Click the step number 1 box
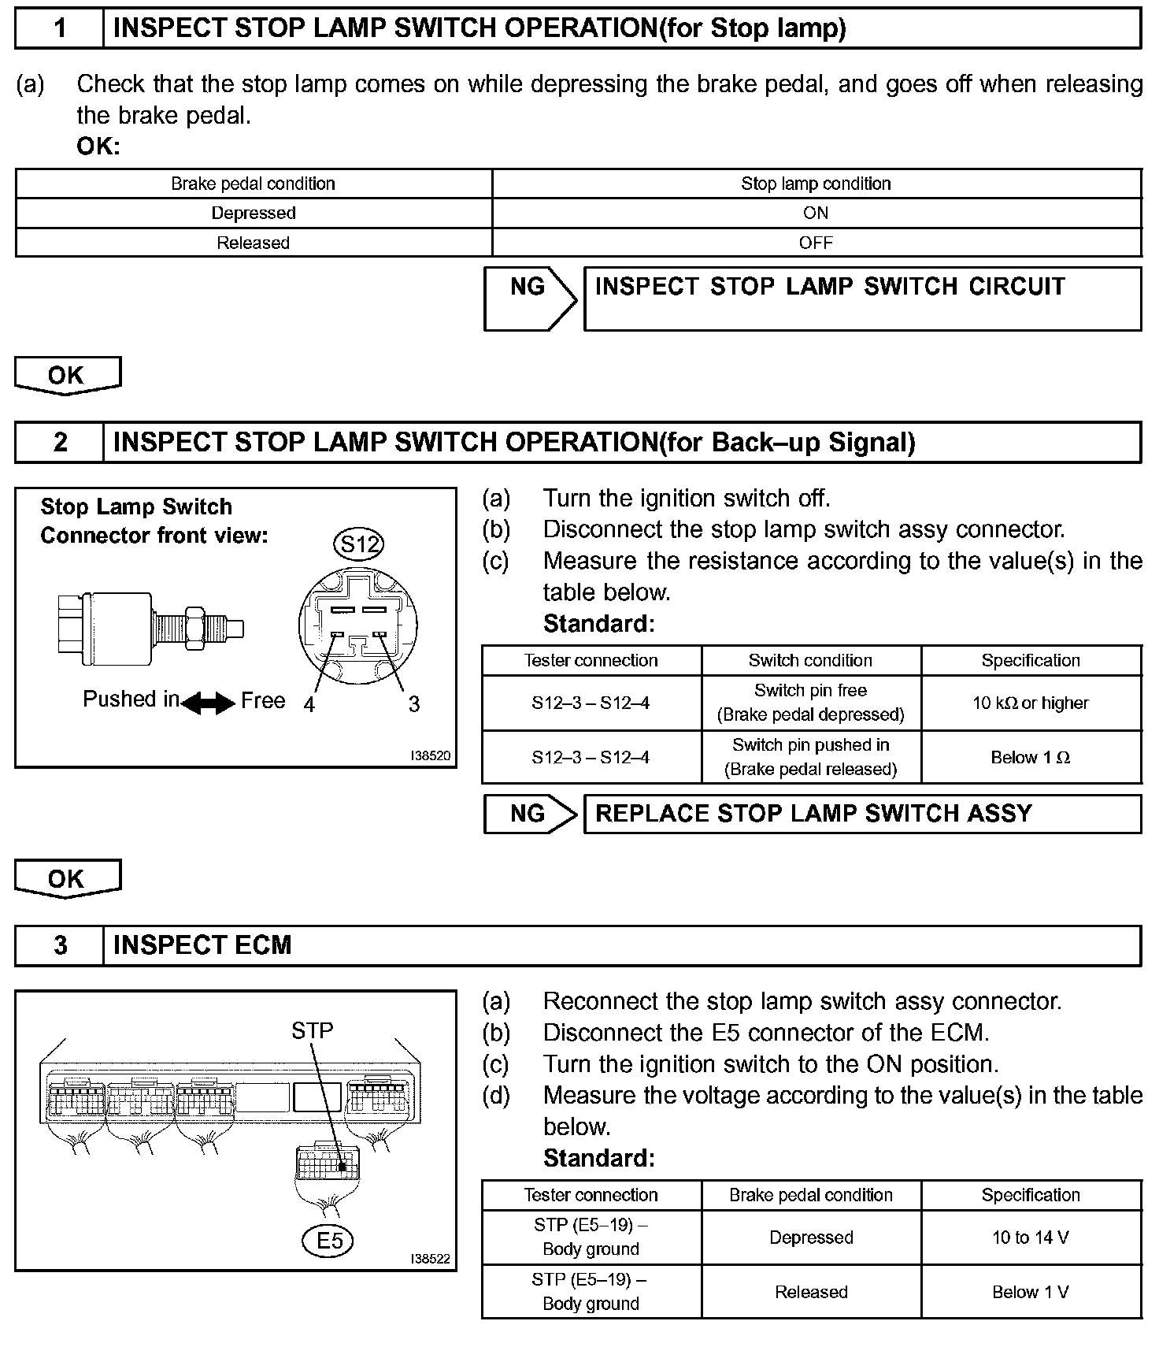click(59, 29)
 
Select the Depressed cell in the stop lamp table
click(254, 213)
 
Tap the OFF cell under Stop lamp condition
click(816, 243)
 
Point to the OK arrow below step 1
click(68, 375)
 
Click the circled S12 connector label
click(359, 544)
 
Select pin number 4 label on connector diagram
click(309, 704)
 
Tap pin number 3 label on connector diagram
click(414, 704)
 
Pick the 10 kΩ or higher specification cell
click(1031, 703)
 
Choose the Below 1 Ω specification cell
click(1031, 757)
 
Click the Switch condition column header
click(810, 660)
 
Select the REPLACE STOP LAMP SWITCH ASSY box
click(861, 814)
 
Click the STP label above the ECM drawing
click(312, 1030)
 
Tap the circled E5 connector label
click(329, 1241)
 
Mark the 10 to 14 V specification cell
click(1031, 1237)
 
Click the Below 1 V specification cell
click(1031, 1292)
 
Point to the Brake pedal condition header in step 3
click(810, 1195)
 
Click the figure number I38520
click(430, 755)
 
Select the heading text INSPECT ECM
click(202, 945)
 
